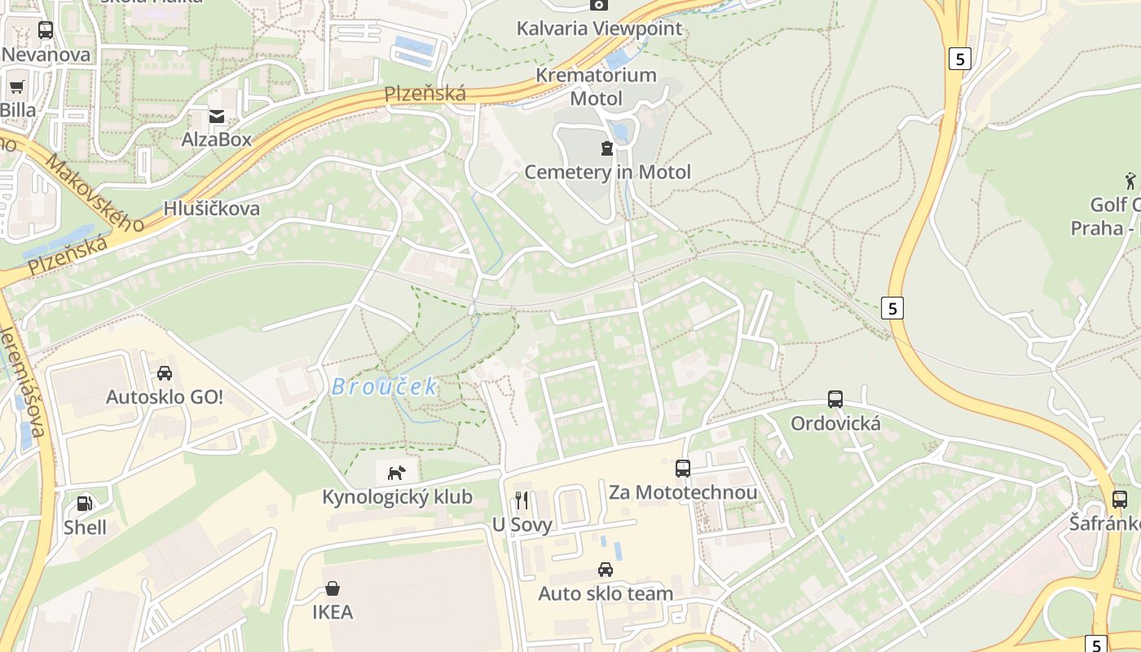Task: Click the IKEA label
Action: click(x=333, y=612)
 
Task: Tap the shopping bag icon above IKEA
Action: click(x=333, y=588)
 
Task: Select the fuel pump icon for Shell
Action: click(x=85, y=504)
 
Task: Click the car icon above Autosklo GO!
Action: click(x=165, y=373)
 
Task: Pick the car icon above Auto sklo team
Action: click(x=605, y=570)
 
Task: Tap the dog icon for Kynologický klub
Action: click(x=396, y=473)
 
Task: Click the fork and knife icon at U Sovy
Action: click(x=522, y=500)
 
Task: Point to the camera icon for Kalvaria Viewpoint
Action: click(x=599, y=5)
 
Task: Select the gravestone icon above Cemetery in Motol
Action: click(x=606, y=148)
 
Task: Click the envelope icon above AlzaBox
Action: click(x=217, y=117)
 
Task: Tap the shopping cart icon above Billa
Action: click(x=17, y=86)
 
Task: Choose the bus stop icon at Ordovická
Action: click(x=835, y=399)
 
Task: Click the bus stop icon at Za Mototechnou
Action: click(x=683, y=469)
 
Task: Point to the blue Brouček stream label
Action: click(x=385, y=387)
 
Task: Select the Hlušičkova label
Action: click(x=212, y=209)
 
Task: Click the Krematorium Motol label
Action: click(x=596, y=86)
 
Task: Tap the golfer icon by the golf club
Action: click(x=1130, y=179)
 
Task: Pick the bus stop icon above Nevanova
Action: click(x=46, y=30)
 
